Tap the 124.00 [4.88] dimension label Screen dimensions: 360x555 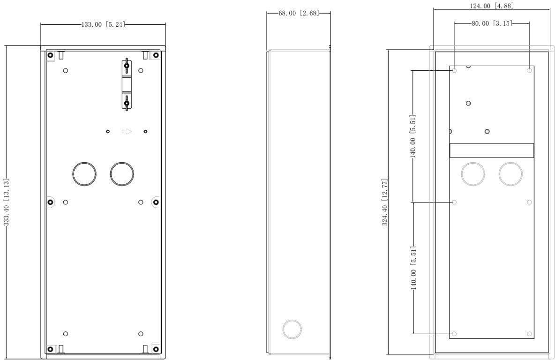click(492, 6)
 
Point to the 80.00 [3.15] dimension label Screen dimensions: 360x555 click(492, 23)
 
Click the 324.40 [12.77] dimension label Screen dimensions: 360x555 click(385, 202)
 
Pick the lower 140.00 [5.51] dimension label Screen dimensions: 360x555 click(413, 268)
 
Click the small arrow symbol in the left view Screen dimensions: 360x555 click(127, 132)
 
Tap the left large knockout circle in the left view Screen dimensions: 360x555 click(84, 174)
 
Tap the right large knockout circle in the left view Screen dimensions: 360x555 click(122, 174)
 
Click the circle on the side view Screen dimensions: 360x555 click(292, 329)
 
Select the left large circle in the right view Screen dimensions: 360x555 click(473, 174)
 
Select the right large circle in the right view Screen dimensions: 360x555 click(510, 174)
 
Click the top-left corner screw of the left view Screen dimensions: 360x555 click(51, 55)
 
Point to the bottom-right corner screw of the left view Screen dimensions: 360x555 click(156, 349)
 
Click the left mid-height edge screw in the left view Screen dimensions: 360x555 click(51, 202)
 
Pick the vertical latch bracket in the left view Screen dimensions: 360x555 click(126, 85)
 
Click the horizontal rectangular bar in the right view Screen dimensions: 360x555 click(492, 150)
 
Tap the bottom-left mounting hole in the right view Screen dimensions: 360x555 click(454, 334)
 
